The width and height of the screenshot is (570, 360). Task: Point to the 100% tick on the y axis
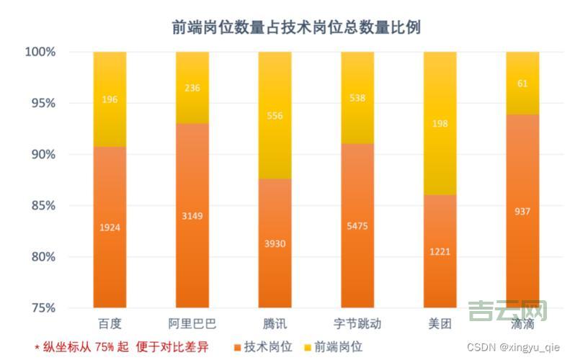coord(40,53)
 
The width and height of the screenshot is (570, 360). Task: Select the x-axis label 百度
coord(109,323)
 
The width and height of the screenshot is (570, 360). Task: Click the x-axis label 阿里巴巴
coord(192,323)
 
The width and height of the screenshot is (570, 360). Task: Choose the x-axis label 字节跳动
coord(357,323)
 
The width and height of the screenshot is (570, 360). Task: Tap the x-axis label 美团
coord(440,323)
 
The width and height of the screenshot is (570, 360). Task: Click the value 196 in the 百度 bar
coord(110,99)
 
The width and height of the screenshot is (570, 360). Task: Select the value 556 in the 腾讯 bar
coord(275,115)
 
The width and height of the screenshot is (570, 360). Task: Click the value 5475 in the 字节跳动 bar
coord(357,225)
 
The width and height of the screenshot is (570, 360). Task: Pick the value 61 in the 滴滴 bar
coord(522,84)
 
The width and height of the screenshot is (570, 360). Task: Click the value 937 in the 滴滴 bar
coord(522,211)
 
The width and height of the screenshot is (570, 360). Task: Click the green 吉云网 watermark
coord(507,310)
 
